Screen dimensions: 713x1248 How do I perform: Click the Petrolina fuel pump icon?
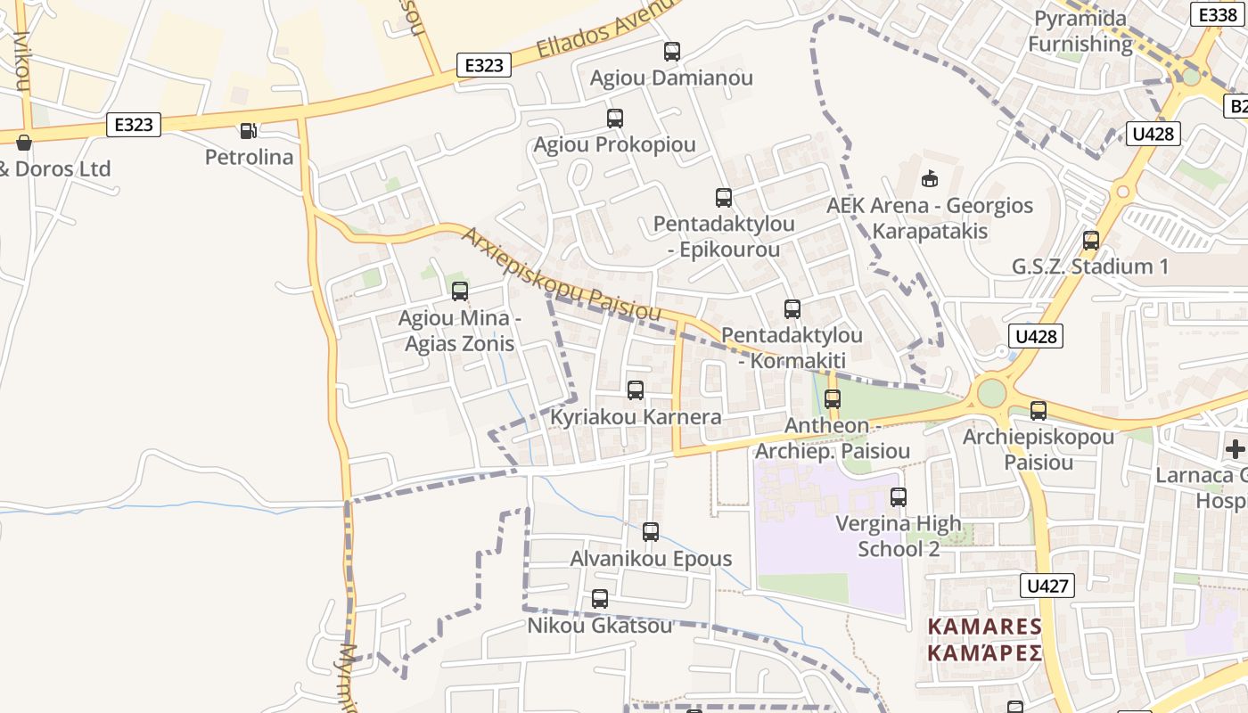[248, 131]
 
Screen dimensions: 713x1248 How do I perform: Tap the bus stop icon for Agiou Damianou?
[672, 52]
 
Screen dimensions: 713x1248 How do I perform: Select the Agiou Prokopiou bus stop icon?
[615, 119]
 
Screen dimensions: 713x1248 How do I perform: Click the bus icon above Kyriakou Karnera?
[636, 390]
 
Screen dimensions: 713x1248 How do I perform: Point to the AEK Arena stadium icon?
[930, 179]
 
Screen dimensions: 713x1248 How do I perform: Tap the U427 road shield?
[1047, 586]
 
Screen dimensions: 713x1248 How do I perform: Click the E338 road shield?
[1218, 15]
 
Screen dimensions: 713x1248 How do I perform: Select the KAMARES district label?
[984, 640]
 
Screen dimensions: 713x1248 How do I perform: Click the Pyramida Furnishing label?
[1080, 31]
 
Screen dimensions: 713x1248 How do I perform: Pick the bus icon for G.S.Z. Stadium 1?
[1091, 241]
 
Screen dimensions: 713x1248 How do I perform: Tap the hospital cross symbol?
[1236, 448]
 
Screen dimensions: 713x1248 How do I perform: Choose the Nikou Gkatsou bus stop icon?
[600, 599]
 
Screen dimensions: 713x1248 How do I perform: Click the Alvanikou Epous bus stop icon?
[651, 532]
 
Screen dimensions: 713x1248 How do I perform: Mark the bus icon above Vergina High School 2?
[899, 497]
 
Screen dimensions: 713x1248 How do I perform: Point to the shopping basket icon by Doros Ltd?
[24, 143]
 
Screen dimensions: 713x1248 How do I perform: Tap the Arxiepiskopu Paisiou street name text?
[561, 275]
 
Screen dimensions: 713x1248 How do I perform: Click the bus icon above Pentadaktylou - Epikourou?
[724, 198]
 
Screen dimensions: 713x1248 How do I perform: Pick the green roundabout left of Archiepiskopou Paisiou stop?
[991, 393]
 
